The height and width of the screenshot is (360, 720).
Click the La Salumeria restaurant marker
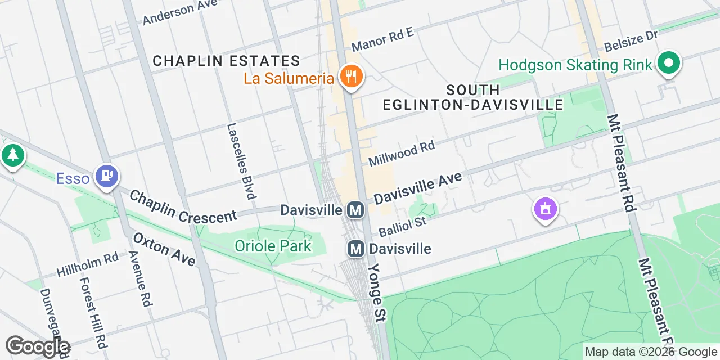[352, 78]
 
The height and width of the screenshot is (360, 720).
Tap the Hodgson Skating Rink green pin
[668, 64]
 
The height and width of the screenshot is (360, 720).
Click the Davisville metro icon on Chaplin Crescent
[355, 210]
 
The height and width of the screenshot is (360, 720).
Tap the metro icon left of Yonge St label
[355, 248]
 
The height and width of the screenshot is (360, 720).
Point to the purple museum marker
[544, 210]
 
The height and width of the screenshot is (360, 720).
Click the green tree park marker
[12, 155]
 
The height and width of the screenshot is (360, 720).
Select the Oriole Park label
[273, 246]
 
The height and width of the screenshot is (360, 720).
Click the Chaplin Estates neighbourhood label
[226, 61]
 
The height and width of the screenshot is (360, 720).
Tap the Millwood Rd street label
[402, 154]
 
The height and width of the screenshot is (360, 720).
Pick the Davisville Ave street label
[417, 188]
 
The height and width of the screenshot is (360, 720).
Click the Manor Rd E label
[382, 39]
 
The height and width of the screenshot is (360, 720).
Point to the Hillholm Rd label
[88, 265]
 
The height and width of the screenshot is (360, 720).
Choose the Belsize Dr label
[631, 41]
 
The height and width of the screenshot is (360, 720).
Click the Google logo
[37, 346]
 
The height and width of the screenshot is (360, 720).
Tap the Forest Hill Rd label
[93, 312]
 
